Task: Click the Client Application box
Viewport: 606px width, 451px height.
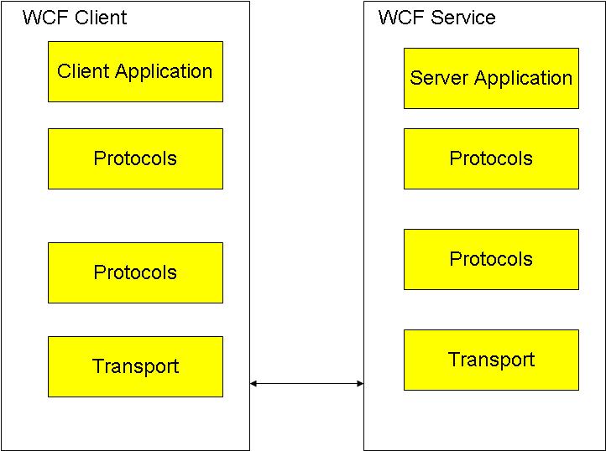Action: pyautogui.click(x=135, y=71)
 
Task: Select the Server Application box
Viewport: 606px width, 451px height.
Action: pyautogui.click(x=491, y=78)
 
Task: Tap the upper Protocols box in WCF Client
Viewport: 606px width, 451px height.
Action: pyautogui.click(x=135, y=158)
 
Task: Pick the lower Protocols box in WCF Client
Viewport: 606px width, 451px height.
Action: pyautogui.click(x=135, y=272)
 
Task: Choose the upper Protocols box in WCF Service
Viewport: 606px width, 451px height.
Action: pyautogui.click(x=491, y=158)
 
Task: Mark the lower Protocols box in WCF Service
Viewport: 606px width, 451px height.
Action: pyautogui.click(x=491, y=259)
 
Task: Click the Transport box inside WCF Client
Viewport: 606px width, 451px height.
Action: pyautogui.click(x=135, y=366)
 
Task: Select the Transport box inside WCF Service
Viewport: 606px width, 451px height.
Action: pyautogui.click(x=491, y=360)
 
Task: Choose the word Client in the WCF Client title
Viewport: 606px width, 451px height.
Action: pyautogui.click(x=101, y=18)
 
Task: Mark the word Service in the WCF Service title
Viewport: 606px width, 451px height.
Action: pyautogui.click(x=462, y=18)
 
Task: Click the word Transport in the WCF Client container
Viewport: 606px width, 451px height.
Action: pyautogui.click(x=135, y=366)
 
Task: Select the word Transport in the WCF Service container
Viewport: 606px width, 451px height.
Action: pyautogui.click(x=491, y=360)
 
